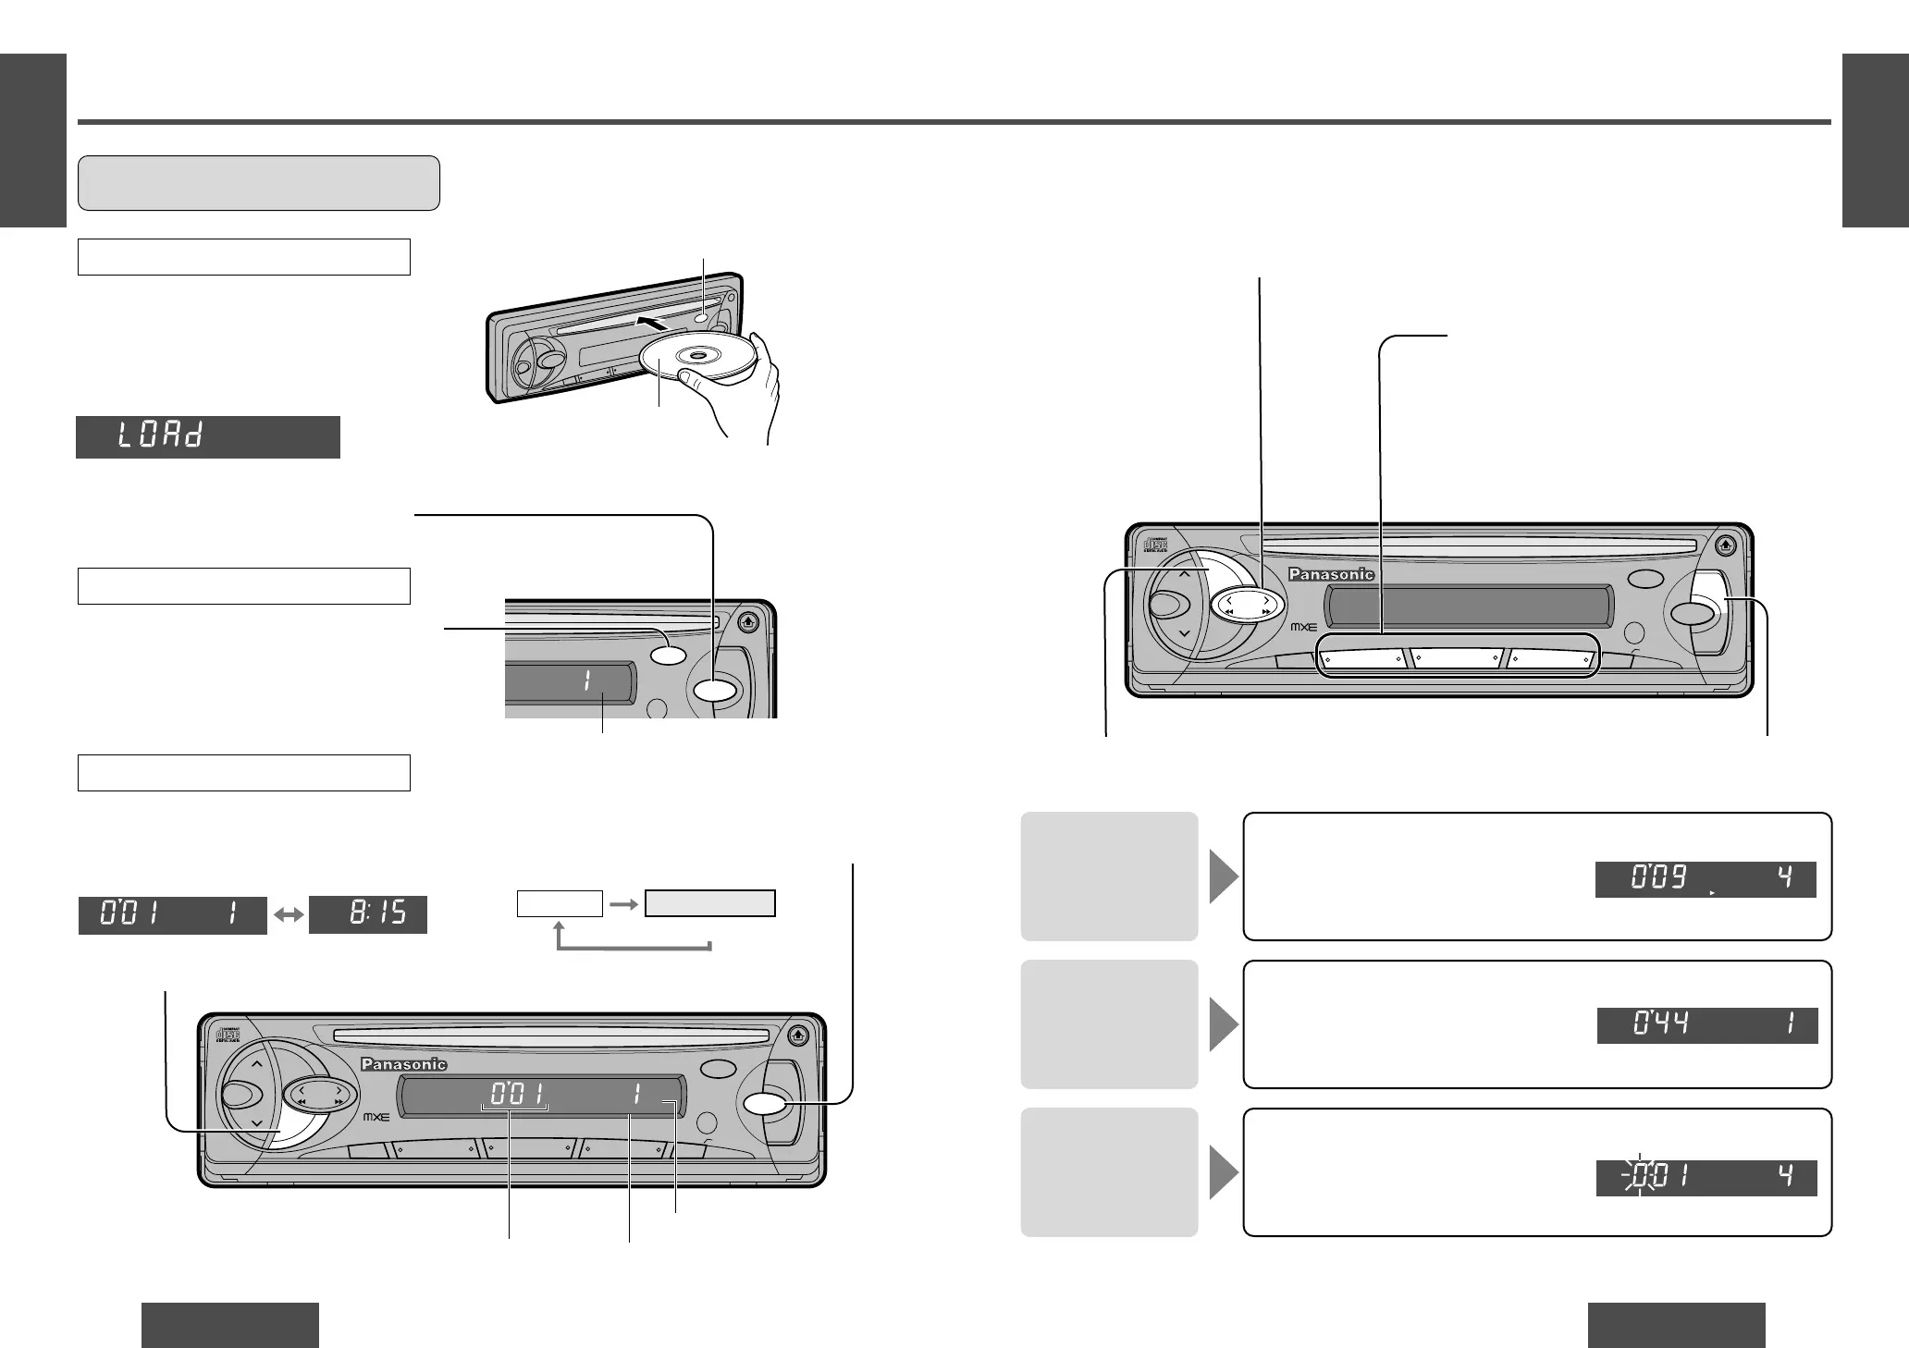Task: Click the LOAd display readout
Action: [207, 436]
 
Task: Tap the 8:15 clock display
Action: [368, 914]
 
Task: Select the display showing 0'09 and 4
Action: [1706, 879]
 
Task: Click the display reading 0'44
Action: [1707, 1025]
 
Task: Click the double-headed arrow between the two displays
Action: [289, 915]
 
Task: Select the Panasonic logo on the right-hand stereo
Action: [1332, 574]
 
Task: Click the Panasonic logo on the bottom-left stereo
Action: [404, 1064]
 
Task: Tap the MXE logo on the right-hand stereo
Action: [1303, 626]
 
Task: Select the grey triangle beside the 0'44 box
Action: [1224, 1024]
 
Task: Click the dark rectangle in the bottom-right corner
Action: [1676, 1324]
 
